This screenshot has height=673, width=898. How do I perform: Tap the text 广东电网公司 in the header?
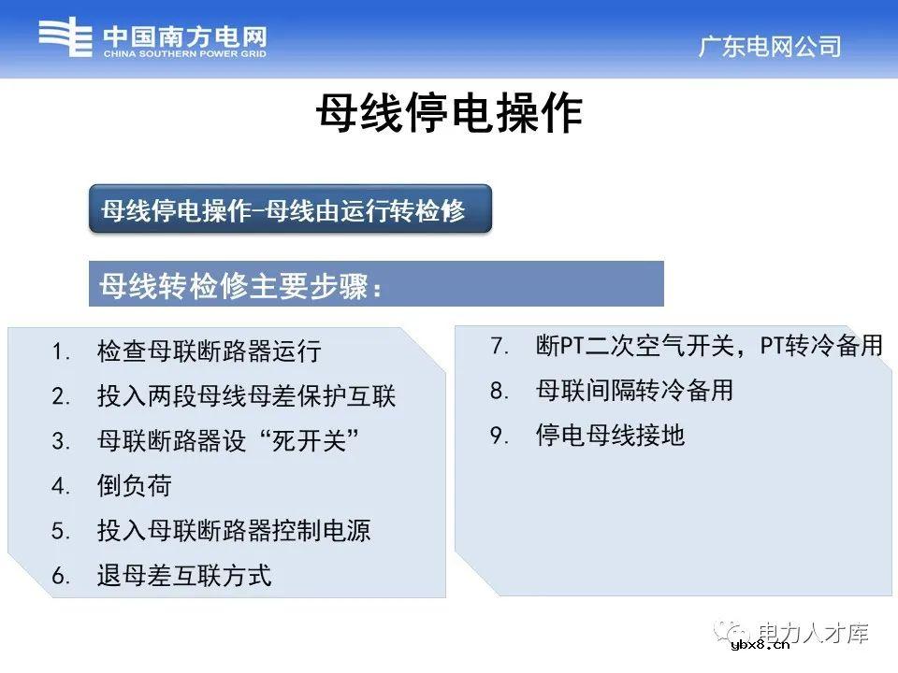click(x=770, y=47)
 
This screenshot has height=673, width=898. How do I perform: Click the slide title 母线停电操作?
click(x=449, y=115)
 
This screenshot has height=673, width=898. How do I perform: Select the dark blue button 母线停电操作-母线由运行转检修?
click(x=290, y=210)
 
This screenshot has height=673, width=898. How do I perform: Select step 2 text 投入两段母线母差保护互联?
click(x=246, y=396)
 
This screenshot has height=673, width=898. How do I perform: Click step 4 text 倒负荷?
click(x=134, y=486)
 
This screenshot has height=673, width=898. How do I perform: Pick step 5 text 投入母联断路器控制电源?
click(x=234, y=531)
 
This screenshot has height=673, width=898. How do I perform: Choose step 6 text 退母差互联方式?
click(x=183, y=576)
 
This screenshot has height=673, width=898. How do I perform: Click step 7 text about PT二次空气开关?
click(x=709, y=346)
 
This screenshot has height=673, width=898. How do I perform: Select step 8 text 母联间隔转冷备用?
click(x=634, y=391)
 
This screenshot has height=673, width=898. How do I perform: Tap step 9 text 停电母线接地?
click(x=610, y=436)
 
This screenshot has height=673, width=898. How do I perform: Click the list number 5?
click(x=61, y=532)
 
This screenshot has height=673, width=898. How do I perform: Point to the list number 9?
click(x=499, y=437)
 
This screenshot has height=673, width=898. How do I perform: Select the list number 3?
click(x=61, y=442)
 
